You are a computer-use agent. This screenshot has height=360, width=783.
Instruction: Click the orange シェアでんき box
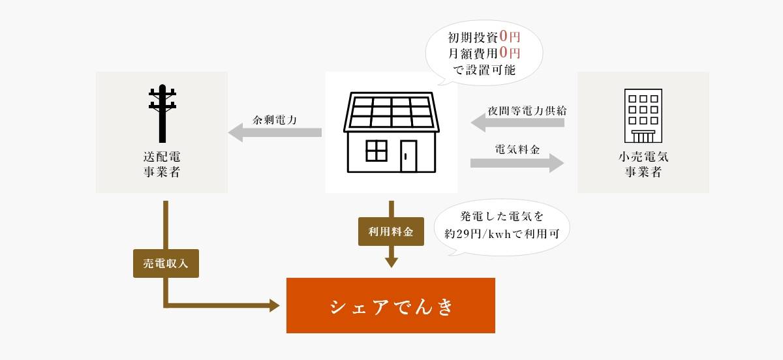[x=390, y=305]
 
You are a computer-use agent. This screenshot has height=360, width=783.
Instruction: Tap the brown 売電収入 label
[x=166, y=263]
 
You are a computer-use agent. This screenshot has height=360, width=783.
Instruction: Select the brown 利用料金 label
[x=391, y=232]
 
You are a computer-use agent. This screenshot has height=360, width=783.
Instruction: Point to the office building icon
[x=643, y=115]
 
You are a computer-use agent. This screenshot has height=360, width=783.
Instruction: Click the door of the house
[x=408, y=156]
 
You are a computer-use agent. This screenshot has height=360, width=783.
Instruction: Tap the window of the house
[x=376, y=151]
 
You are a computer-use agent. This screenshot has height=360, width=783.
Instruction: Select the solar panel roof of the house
[x=391, y=112]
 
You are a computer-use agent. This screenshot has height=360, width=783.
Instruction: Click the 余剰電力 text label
[x=275, y=120]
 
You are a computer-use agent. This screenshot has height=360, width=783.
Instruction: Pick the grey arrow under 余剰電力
[x=275, y=132]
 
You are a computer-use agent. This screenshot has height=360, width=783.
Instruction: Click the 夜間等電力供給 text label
[x=527, y=111]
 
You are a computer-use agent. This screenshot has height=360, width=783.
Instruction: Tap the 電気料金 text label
[x=517, y=149]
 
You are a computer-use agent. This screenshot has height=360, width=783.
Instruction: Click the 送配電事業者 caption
[x=162, y=164]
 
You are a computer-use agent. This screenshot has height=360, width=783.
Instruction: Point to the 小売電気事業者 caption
[x=643, y=164]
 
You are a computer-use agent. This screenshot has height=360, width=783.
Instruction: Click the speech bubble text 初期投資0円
[x=484, y=37]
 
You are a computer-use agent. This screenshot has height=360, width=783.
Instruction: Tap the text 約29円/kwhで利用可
[x=502, y=233]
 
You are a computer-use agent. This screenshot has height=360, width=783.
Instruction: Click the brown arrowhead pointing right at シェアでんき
[x=275, y=305]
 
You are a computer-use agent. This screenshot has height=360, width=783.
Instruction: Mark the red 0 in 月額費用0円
[x=504, y=53]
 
